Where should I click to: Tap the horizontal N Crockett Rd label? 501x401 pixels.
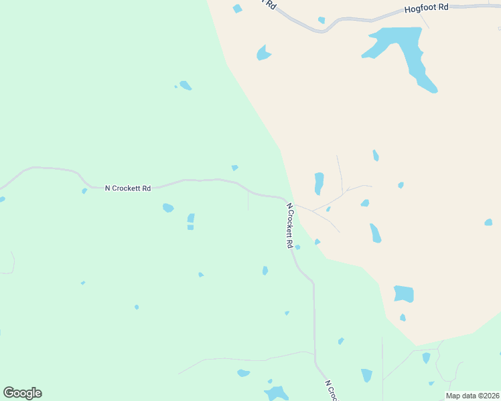pyautogui.click(x=128, y=188)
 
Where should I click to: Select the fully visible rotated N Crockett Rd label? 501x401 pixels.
pyautogui.click(x=290, y=226)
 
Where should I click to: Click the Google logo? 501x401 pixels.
pyautogui.click(x=22, y=393)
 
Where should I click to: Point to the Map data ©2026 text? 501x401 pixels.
pyautogui.click(x=473, y=396)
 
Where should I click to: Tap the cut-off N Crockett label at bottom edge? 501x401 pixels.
pyautogui.click(x=332, y=392)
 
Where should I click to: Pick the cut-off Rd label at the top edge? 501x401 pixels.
pyautogui.click(x=270, y=4)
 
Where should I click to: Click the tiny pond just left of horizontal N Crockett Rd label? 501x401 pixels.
pyautogui.click(x=84, y=191)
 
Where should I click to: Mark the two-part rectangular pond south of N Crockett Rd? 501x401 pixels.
pyautogui.click(x=191, y=221)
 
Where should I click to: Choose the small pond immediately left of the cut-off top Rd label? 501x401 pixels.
pyautogui.click(x=237, y=9)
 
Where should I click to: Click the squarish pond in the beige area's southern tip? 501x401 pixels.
pyautogui.click(x=404, y=293)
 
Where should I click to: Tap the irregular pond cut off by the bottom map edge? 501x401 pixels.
pyautogui.click(x=276, y=393)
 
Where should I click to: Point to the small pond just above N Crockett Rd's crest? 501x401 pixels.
pyautogui.click(x=234, y=168)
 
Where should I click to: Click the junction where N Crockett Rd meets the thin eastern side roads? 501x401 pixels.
pyautogui.click(x=295, y=205)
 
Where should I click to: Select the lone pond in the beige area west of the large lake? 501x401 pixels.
pyautogui.click(x=263, y=53)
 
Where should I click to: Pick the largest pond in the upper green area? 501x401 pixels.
pyautogui.click(x=186, y=86)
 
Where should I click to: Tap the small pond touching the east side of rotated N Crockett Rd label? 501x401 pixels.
pyautogui.click(x=297, y=247)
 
